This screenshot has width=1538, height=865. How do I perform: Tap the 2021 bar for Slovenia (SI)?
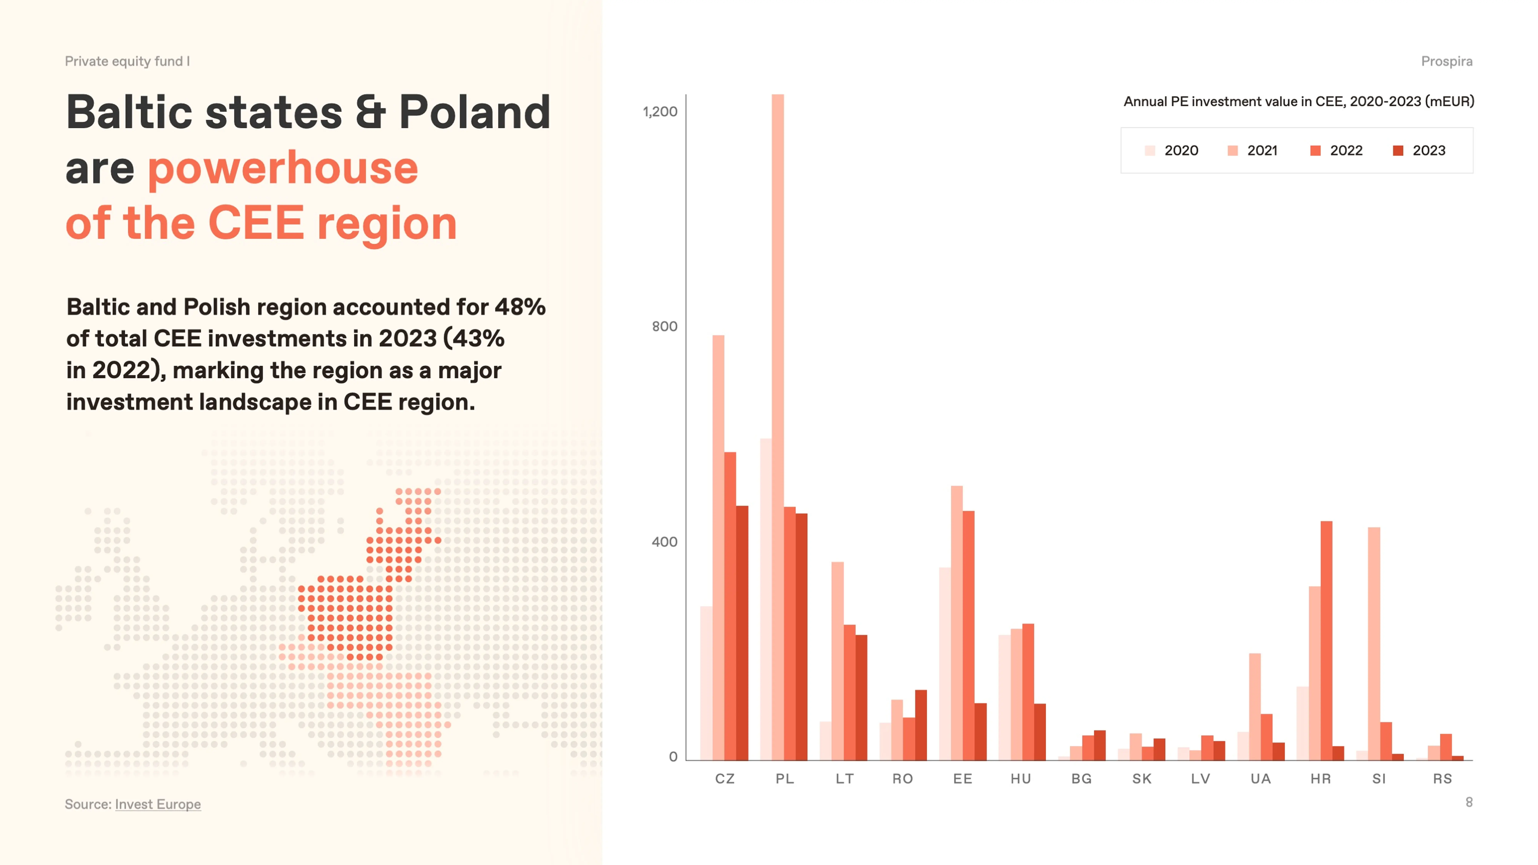coord(1374,644)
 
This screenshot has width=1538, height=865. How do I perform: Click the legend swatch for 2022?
coord(1315,150)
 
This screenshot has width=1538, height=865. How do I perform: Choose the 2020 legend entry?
coord(1171,150)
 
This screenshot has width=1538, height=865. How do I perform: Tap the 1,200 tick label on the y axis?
coord(660,112)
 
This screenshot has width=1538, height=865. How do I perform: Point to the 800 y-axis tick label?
coord(665,326)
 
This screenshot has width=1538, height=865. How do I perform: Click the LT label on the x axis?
coord(844,779)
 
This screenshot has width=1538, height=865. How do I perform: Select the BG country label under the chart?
coord(1081,779)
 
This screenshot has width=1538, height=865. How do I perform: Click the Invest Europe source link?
coord(158,804)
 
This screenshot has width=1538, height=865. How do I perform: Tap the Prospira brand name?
coord(1447,61)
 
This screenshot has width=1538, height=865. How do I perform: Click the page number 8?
coord(1469,802)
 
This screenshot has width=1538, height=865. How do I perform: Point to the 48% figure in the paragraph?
coord(520,307)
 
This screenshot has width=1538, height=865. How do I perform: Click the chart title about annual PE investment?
coord(1299,101)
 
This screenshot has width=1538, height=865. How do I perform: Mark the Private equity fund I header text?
coord(127,61)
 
